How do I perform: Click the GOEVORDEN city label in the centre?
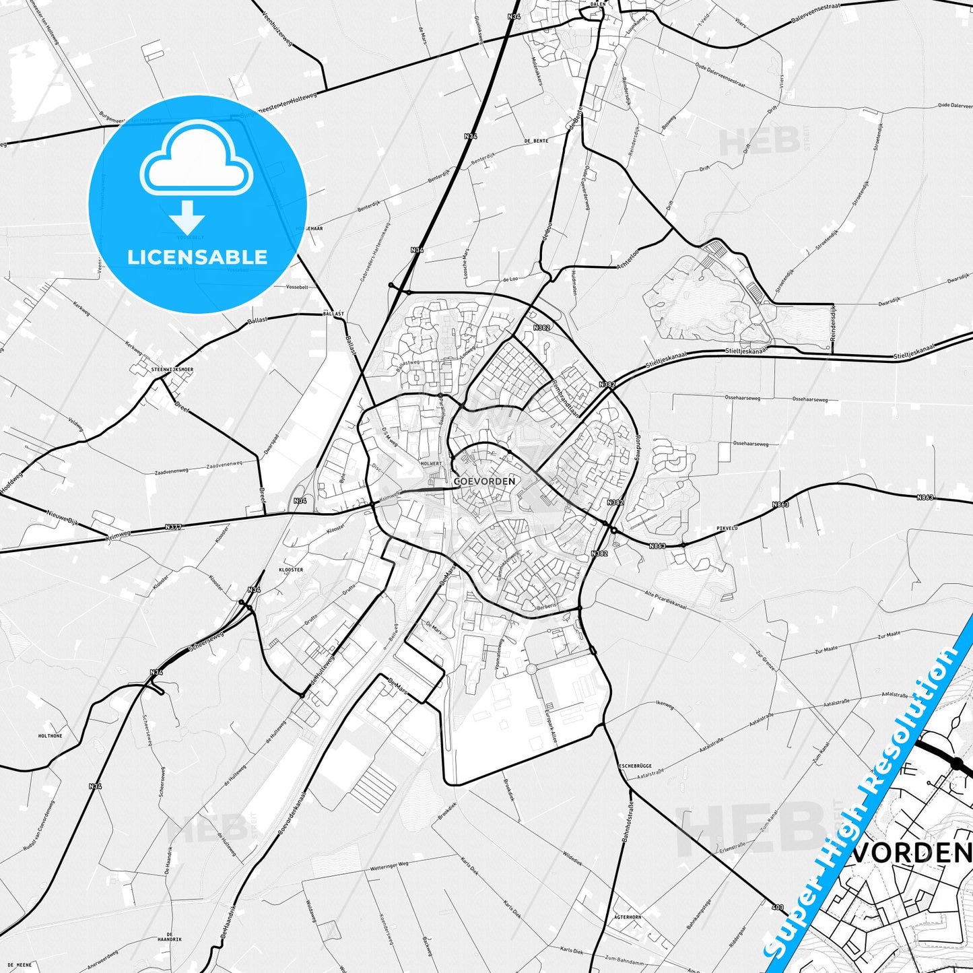pyautogui.click(x=484, y=481)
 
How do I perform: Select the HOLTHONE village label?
pyautogui.click(x=51, y=736)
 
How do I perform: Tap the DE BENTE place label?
pyautogui.click(x=536, y=141)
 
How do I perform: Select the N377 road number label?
pyautogui.click(x=173, y=527)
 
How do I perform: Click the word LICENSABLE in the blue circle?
pyautogui.click(x=197, y=257)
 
